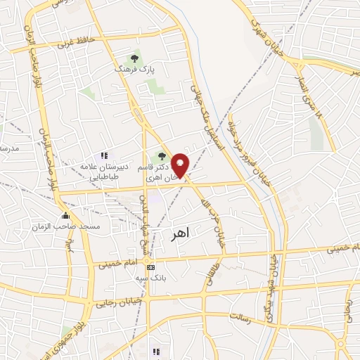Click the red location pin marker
181,166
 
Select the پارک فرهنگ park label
134,70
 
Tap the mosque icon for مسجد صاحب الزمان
67,215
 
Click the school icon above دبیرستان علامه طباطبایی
104,155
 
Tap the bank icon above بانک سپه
151,267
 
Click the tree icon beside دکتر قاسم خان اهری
162,155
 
